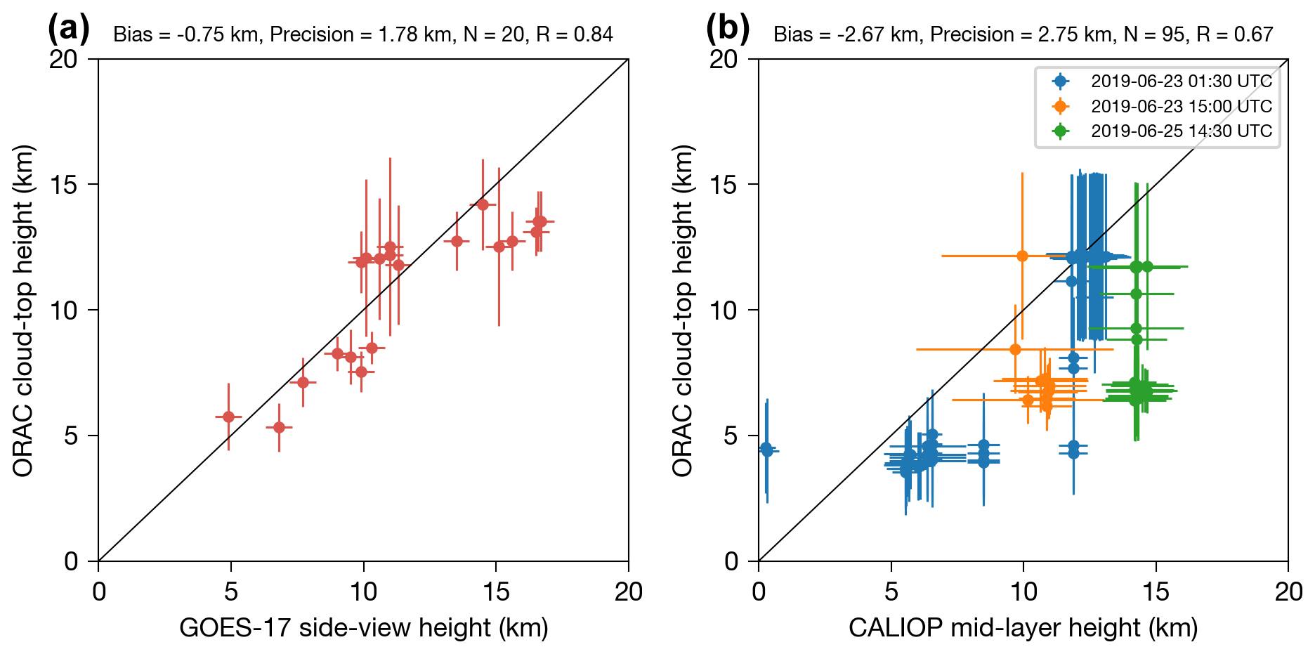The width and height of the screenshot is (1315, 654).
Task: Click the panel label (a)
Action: click(68, 30)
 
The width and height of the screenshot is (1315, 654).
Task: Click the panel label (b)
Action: click(728, 30)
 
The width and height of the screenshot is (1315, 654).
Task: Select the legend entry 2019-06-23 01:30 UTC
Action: click(1181, 81)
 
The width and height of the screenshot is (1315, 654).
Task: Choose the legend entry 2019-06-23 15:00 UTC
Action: click(1181, 107)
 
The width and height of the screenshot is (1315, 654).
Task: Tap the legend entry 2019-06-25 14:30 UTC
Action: click(1181, 131)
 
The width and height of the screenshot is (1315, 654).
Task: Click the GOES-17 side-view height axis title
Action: click(363, 627)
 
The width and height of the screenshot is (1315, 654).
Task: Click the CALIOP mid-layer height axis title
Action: click(1023, 627)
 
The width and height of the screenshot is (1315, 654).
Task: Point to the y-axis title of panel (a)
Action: click(23, 310)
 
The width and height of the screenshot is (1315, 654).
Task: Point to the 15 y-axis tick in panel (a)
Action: click(64, 185)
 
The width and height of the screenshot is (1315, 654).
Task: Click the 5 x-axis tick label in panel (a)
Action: click(231, 592)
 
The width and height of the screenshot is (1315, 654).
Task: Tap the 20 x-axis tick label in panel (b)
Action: click(1288, 592)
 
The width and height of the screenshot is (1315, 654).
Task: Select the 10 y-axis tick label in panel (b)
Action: click(724, 310)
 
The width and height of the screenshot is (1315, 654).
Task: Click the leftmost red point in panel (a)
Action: click(228, 417)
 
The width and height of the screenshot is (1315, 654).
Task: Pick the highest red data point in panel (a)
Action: click(483, 204)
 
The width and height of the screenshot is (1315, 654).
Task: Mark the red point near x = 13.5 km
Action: click(457, 241)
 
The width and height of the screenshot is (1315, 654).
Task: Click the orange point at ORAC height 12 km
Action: click(1022, 256)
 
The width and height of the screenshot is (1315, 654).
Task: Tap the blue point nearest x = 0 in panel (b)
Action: click(766, 449)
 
